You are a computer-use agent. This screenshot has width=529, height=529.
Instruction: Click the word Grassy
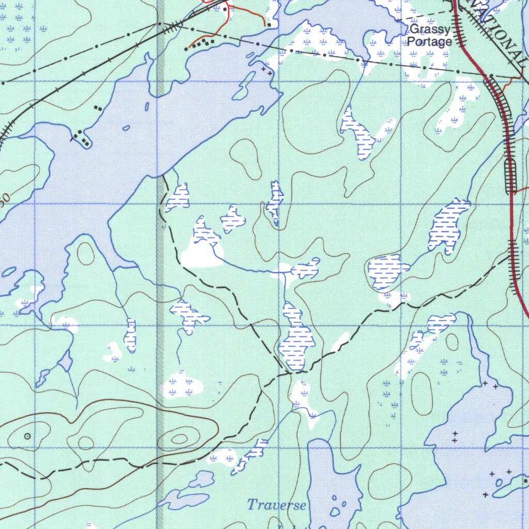click(430, 30)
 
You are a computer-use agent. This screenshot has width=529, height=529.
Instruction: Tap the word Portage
click(430, 42)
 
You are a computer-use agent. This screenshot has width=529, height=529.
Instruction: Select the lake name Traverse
click(276, 505)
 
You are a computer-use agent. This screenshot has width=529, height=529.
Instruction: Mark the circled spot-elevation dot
click(27, 437)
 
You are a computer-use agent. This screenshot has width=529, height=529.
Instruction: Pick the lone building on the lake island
click(525, 481)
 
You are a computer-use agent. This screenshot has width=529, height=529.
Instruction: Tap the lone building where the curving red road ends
click(269, 24)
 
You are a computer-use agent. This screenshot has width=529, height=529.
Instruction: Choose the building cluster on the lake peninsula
click(82, 138)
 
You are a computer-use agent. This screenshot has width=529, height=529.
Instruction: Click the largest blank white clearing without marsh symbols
click(201, 255)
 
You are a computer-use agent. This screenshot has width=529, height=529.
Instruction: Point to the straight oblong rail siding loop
click(510, 176)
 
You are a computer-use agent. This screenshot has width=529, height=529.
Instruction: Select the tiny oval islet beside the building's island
click(499, 483)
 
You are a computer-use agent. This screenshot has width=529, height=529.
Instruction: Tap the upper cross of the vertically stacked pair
click(455, 433)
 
